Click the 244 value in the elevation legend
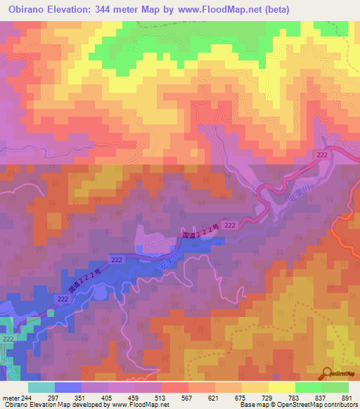point(28,397)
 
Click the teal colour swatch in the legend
point(41,387)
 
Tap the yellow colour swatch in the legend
point(255,387)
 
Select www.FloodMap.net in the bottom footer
point(138,405)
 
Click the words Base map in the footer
point(254,405)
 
